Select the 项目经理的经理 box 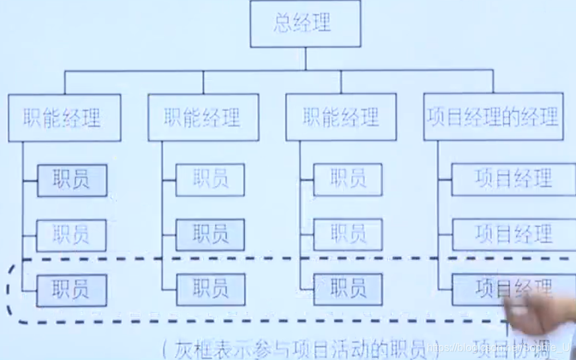(x=493, y=117)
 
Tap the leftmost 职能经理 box (x=64, y=117)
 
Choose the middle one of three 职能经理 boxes (x=203, y=117)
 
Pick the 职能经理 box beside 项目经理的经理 (x=340, y=117)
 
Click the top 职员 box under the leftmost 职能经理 (x=71, y=179)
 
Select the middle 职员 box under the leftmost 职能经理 (x=71, y=235)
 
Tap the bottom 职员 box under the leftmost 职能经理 (x=71, y=289)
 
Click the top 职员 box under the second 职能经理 (x=210, y=179)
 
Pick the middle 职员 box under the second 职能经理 (x=210, y=235)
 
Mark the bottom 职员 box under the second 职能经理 (x=210, y=289)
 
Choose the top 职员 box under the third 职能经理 (x=348, y=179)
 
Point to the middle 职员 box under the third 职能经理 (x=348, y=235)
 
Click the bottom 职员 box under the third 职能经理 (x=348, y=289)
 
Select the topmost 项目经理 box (x=513, y=179)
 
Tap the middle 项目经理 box (x=513, y=235)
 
